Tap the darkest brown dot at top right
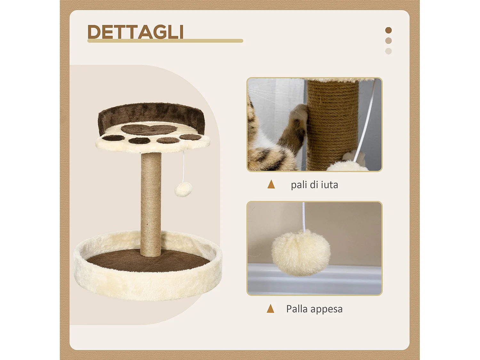pos(388,30)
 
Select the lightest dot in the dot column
pos(388,51)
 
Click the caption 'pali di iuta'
pos(314,185)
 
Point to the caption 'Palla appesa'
pos(314,309)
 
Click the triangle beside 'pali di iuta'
pos(271,184)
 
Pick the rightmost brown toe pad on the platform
pos(190,137)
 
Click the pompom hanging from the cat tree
pos(183,190)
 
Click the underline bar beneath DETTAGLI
pos(165,41)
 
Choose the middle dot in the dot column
pos(388,41)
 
